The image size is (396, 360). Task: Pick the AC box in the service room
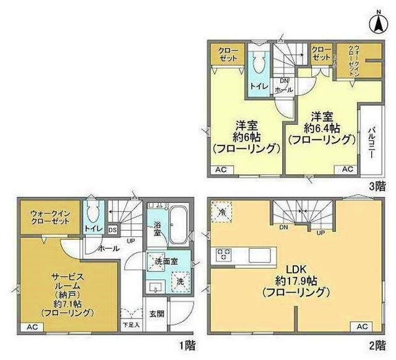coord(31,327)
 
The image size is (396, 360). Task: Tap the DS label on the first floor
coord(113,229)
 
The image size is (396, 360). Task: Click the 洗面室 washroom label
coord(166,261)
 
